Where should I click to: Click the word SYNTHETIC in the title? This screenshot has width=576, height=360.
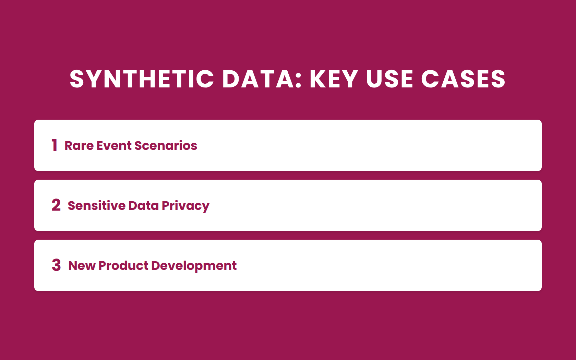tap(142, 79)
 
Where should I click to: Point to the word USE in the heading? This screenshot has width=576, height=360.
tap(389, 79)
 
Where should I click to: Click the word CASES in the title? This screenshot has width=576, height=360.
tap(463, 79)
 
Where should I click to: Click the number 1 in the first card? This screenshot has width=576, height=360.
tap(54, 145)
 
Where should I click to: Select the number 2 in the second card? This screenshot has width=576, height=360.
tap(56, 205)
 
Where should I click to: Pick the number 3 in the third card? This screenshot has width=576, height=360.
tap(56, 265)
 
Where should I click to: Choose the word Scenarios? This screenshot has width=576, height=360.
tap(166, 146)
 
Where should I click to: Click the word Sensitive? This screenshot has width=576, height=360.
tap(97, 206)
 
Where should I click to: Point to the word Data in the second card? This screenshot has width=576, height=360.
tap(143, 206)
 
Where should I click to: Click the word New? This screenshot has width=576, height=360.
tap(82, 266)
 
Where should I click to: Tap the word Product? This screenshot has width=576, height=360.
tap(123, 266)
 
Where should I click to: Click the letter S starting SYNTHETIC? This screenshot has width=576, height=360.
tap(77, 79)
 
